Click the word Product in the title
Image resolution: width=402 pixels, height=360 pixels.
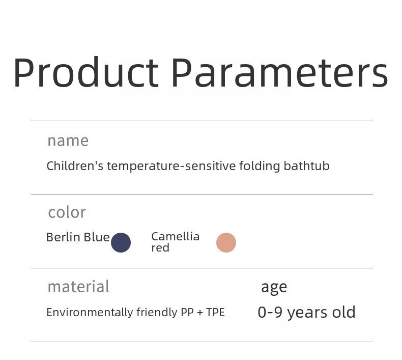[86, 72]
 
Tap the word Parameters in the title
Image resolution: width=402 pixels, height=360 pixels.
[280, 72]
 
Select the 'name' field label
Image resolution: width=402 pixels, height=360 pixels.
[68, 141]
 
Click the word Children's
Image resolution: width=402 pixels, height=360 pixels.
[75, 166]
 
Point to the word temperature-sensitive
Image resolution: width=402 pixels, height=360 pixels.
[171, 167]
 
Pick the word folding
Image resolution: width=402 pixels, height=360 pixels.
[260, 167]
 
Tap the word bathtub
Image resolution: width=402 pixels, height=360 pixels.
[307, 166]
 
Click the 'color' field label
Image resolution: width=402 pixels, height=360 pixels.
[67, 213]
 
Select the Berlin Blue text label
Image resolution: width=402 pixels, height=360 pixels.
[78, 237]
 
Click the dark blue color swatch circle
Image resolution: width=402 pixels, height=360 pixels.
[121, 242]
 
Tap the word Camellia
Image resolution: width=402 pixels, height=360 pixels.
[176, 237]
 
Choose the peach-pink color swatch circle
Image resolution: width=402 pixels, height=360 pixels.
[226, 242]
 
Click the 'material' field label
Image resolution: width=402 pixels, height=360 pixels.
[78, 287]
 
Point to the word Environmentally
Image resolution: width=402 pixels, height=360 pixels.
[90, 313]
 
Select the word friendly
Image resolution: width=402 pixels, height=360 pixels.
[157, 313]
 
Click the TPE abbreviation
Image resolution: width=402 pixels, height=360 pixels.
[215, 313]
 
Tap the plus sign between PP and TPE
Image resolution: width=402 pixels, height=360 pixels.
[200, 313]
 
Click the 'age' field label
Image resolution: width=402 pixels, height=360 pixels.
[274, 287]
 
